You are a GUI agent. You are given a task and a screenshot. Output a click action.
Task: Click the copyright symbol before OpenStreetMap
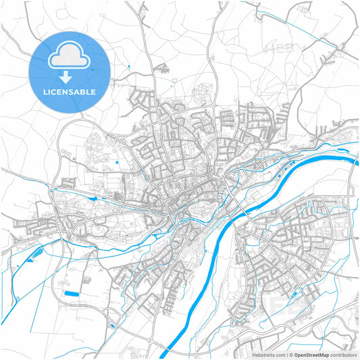point(291,354)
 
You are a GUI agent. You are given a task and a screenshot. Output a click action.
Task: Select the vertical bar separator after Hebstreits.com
point(286,354)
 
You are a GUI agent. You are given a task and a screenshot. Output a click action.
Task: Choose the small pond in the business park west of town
point(117,162)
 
